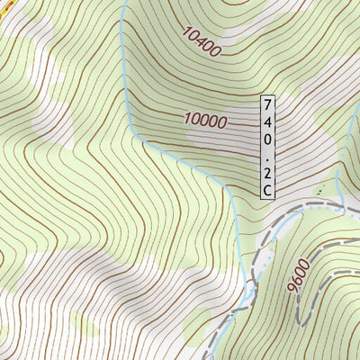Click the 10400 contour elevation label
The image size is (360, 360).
(x=201, y=40)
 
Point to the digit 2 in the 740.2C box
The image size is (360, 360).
(x=267, y=172)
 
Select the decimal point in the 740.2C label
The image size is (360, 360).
(x=267, y=156)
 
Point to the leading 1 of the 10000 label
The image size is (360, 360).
(x=188, y=118)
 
